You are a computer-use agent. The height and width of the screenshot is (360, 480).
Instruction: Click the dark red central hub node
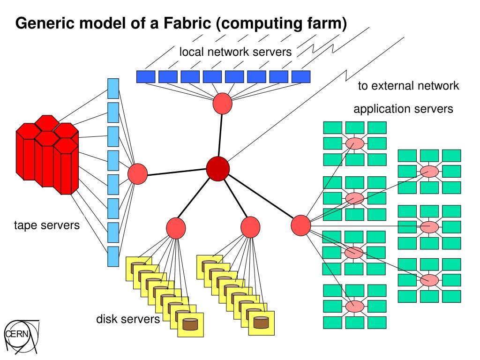tap(218, 168)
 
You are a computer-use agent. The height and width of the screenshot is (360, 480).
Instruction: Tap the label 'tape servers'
tap(47, 225)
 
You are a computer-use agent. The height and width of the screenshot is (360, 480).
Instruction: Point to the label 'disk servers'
tap(128, 320)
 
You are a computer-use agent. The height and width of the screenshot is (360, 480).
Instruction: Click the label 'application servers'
tap(403, 109)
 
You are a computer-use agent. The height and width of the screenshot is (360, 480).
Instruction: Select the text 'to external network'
tap(408, 86)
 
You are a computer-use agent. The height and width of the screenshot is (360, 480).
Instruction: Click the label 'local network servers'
tap(235, 52)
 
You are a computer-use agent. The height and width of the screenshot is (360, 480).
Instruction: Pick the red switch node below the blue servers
tap(222, 104)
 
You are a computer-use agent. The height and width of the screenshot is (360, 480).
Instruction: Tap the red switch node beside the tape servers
tap(137, 173)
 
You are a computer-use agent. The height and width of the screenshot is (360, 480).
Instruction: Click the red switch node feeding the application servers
tap(301, 225)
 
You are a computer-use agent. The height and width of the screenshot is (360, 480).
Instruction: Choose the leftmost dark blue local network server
tap(146, 76)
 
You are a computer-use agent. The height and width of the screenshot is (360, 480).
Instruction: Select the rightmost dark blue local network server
tap(301, 76)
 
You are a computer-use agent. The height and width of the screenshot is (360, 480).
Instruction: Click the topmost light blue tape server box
tap(113, 89)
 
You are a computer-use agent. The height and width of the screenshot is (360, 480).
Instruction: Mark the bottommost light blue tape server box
tap(113, 256)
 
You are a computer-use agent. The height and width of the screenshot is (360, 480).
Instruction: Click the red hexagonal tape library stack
tap(47, 155)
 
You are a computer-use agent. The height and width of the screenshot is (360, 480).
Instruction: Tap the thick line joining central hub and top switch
tap(220, 135)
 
